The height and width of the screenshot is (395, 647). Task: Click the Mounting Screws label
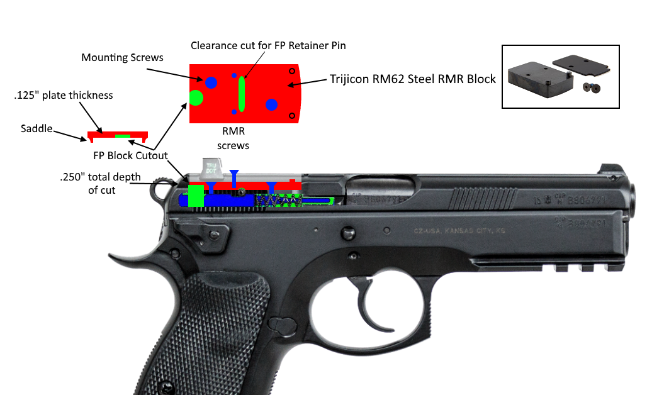122,58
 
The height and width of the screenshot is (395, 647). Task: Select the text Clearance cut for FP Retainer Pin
269,45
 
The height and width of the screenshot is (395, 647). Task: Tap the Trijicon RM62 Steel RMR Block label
413,79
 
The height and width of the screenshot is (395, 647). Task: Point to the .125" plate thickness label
64,96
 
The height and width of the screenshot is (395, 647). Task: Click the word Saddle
37,128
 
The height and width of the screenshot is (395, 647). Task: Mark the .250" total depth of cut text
101,183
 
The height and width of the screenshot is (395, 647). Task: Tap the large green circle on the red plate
196,97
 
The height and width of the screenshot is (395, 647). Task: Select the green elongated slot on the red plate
242,94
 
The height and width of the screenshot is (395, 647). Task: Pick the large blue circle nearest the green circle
211,82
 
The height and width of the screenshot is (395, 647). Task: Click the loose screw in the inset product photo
592,87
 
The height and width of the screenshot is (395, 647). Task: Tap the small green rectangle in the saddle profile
122,136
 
